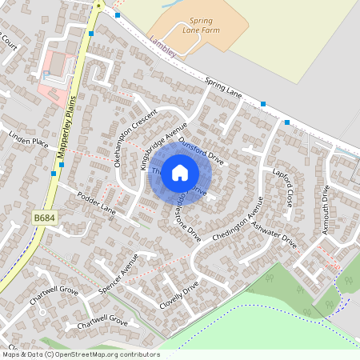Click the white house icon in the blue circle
pos(180,172)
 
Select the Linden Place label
pos(29,142)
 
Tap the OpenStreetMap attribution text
pos(80,354)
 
